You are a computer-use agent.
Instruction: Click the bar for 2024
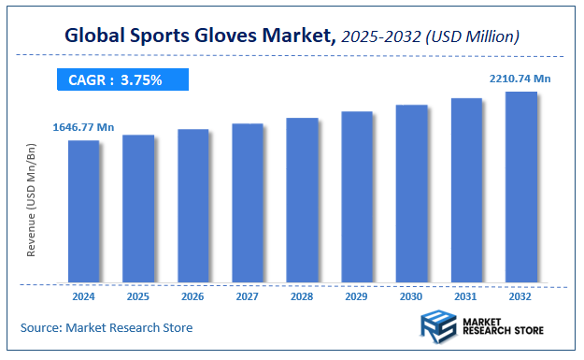tap(84, 210)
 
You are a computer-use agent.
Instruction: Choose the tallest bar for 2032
tap(520, 186)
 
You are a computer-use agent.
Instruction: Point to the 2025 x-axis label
tap(138, 296)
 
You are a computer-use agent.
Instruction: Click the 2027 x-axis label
tap(248, 296)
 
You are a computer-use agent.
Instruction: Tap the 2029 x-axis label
tap(357, 296)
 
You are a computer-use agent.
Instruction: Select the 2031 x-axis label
tap(466, 296)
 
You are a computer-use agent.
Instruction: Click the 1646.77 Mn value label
tap(84, 126)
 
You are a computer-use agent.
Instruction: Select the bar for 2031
tap(466, 190)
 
